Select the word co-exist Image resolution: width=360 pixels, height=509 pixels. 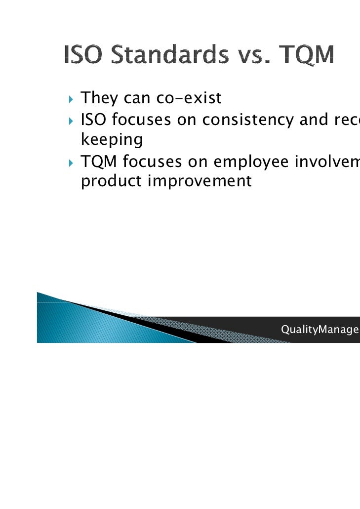point(189,99)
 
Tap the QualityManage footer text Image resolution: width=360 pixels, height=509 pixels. point(319,330)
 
